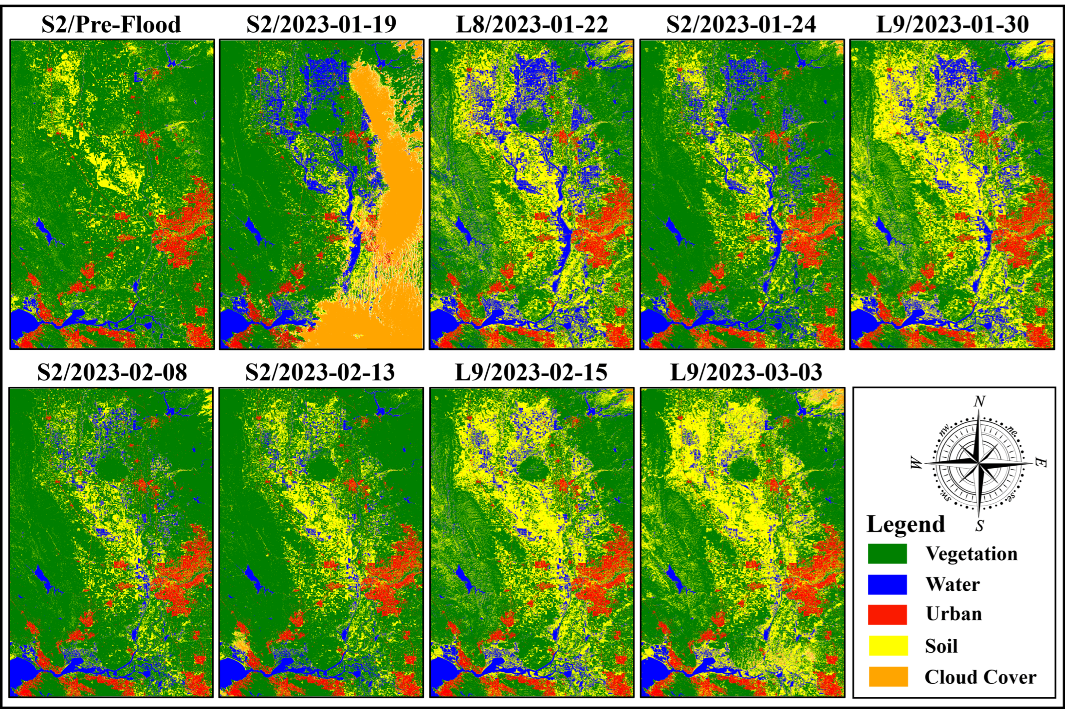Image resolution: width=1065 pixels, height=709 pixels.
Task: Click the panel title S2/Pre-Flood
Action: [111, 24]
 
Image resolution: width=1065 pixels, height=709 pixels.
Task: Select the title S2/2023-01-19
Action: [321, 24]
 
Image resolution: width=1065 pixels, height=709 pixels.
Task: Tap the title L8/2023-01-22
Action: [532, 24]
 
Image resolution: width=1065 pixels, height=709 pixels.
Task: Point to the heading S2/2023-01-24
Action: [741, 24]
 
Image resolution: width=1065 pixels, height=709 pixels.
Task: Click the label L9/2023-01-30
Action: [952, 24]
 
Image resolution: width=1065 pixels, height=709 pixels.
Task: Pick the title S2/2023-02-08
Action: [111, 372]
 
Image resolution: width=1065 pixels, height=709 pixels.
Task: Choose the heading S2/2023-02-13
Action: [320, 372]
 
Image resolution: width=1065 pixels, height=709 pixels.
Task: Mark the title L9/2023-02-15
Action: [531, 372]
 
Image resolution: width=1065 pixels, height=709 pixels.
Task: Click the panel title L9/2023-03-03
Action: [746, 372]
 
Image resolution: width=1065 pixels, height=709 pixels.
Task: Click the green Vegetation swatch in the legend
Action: [887, 554]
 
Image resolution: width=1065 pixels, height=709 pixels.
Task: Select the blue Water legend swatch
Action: [887, 584]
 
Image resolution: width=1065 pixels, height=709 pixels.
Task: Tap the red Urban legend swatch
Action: [887, 615]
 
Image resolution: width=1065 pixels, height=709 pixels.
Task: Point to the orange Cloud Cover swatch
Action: [888, 676]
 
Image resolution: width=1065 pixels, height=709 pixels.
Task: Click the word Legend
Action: [905, 525]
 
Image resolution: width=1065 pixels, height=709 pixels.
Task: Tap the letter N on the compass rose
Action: [979, 401]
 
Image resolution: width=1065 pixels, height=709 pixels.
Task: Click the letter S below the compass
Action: [979, 526]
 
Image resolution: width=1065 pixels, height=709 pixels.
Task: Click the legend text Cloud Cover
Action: [980, 677]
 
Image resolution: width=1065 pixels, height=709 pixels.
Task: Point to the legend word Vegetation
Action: [971, 554]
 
